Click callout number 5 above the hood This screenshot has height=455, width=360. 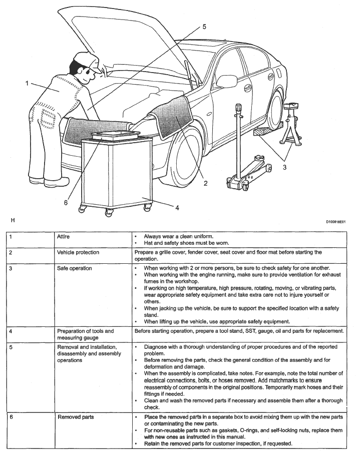(204, 27)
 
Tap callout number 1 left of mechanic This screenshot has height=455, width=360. (27, 83)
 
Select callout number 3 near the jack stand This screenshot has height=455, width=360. (284, 167)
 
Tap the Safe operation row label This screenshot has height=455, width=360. (75, 268)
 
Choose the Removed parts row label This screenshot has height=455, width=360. (75, 416)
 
